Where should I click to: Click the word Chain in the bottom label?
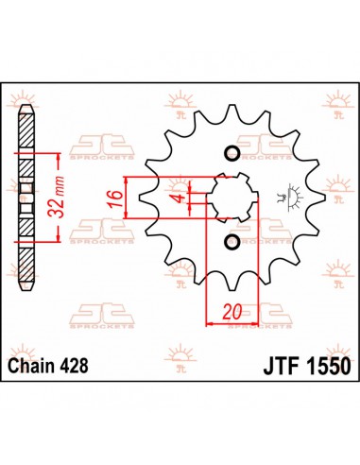pos(37,365)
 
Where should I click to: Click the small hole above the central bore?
pos(230,154)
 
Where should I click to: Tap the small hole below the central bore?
pos(230,244)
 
